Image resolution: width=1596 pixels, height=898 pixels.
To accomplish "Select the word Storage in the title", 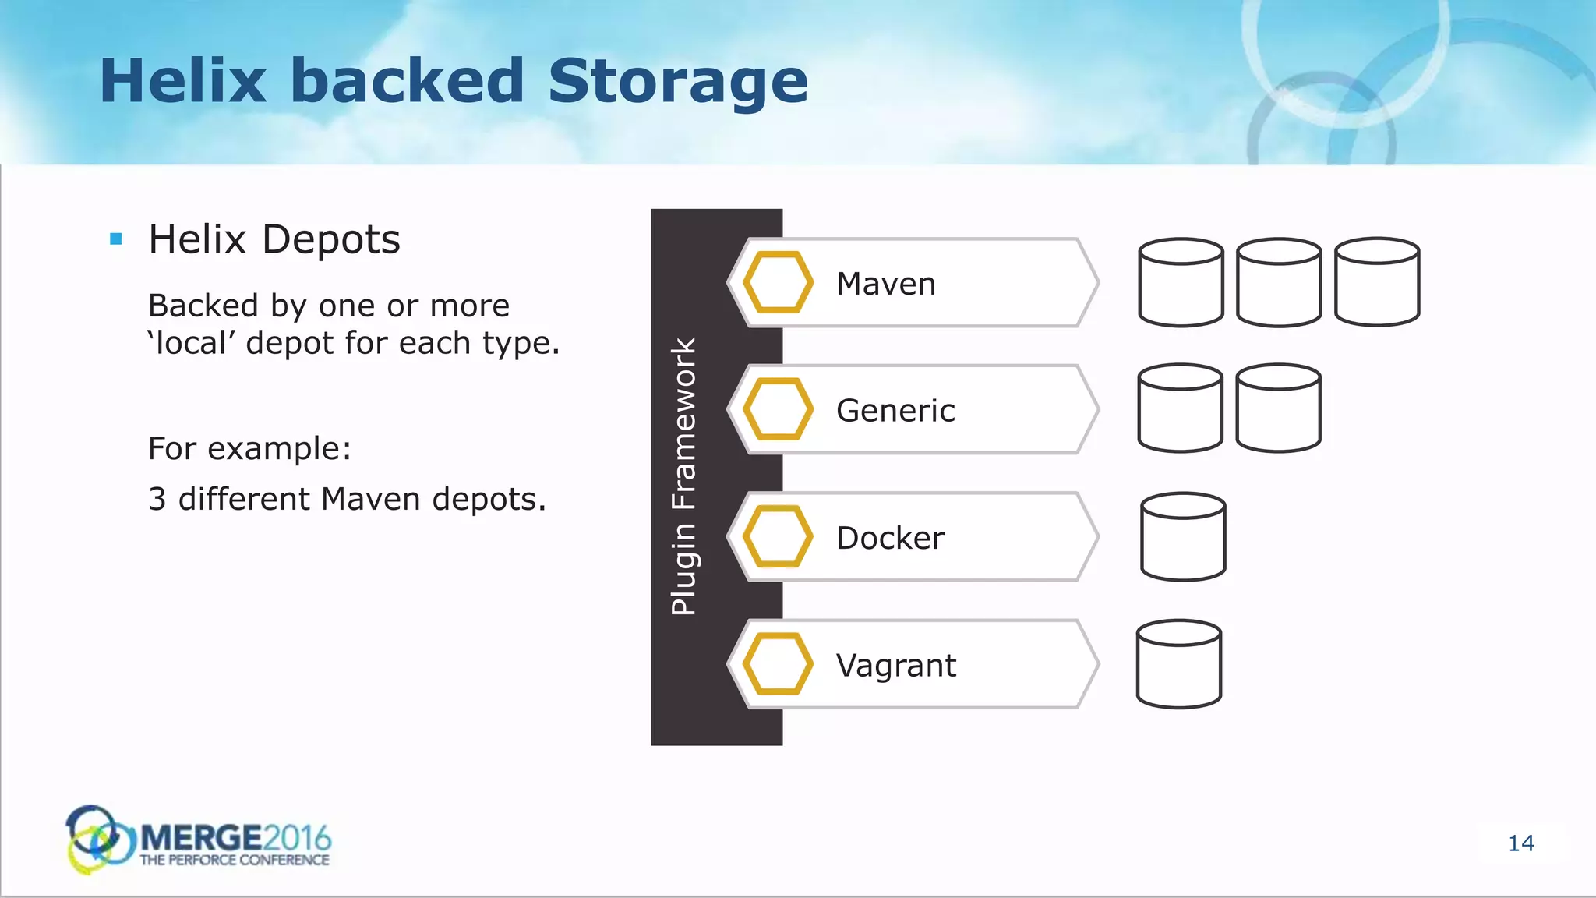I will pos(678,82).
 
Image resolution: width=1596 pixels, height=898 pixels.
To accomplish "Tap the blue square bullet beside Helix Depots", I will pos(116,239).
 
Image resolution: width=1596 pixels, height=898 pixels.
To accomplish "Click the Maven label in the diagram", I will pos(885,284).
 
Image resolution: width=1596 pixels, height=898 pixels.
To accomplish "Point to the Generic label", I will pos(895,410).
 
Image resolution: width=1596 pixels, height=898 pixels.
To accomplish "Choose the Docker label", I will pos(890,538).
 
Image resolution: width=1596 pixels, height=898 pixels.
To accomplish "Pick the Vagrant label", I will pos(895,666).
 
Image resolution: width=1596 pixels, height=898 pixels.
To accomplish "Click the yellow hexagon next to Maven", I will pos(778,282).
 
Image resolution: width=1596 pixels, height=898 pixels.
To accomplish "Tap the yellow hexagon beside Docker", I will pos(778,536).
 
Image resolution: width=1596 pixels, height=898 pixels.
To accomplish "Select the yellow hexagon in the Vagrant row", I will pos(778,664).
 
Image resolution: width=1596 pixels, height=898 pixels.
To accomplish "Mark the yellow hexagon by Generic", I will pos(778,409).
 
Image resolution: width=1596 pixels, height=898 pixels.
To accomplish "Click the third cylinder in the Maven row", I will pos(1377,282).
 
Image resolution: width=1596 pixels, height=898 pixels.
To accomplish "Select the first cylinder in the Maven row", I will pos(1181,282).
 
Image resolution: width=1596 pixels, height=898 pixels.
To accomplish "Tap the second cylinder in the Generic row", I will pos(1278,408).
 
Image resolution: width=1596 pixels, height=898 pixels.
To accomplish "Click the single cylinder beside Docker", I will pos(1183,537).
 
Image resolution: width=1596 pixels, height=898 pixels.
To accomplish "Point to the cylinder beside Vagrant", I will pos(1179,664).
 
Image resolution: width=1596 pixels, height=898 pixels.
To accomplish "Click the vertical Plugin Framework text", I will pos(683,476).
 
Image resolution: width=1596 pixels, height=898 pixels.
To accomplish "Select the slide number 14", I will pos(1521,843).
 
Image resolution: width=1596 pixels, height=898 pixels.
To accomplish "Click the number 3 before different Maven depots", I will pos(157,499).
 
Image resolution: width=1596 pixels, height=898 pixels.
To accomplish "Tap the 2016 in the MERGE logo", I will pos(297,838).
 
